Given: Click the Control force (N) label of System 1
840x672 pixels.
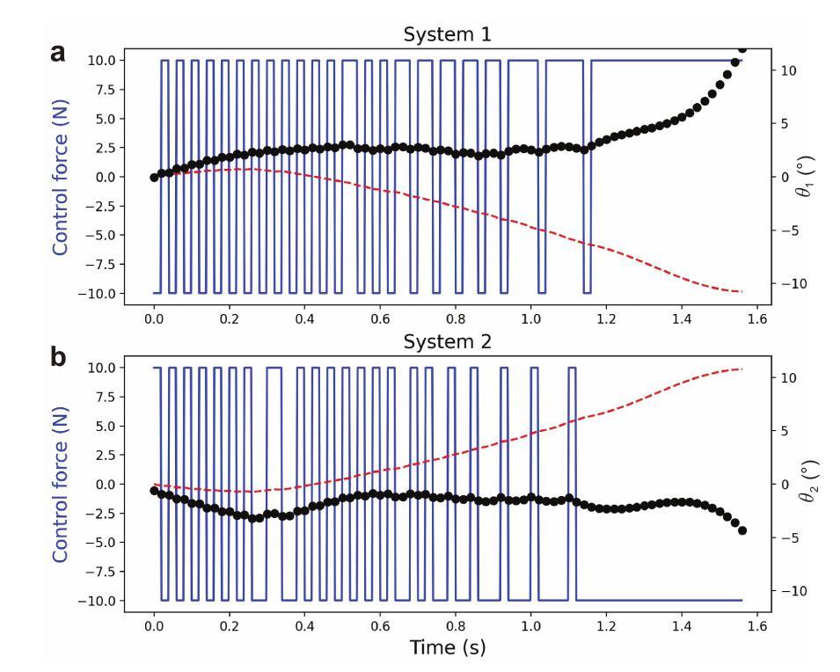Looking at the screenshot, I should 61,176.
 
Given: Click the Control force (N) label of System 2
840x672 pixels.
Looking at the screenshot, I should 61,484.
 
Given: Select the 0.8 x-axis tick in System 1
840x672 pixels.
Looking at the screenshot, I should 456,320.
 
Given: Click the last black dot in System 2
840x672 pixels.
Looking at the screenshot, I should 742,530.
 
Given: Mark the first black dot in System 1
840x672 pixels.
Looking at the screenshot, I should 154,177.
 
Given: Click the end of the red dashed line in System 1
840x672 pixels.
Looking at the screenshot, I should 742,291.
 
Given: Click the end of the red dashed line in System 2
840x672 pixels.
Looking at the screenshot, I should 742,369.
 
